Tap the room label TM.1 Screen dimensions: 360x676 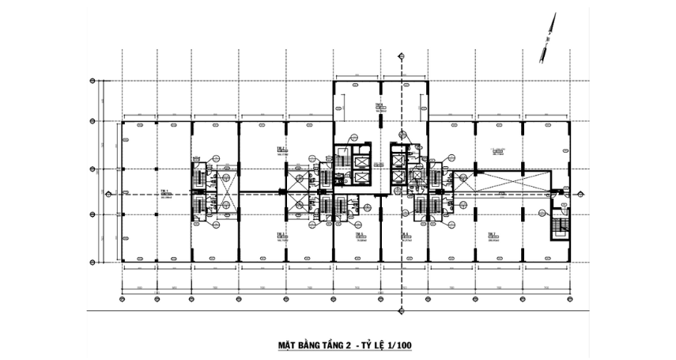coord(165,192)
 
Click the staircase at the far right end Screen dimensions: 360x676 coord(560,228)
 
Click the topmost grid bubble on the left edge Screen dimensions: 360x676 coord(93,81)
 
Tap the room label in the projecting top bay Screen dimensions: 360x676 coord(380,107)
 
